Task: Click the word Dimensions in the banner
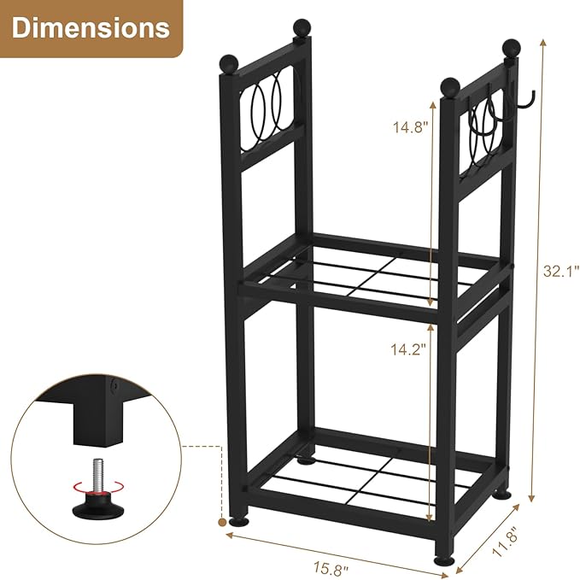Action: click(x=91, y=27)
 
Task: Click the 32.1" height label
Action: click(x=560, y=272)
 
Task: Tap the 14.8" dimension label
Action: click(x=407, y=129)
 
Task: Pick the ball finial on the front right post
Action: click(x=450, y=85)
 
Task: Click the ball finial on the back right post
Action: click(x=511, y=48)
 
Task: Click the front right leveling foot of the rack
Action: click(x=443, y=559)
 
